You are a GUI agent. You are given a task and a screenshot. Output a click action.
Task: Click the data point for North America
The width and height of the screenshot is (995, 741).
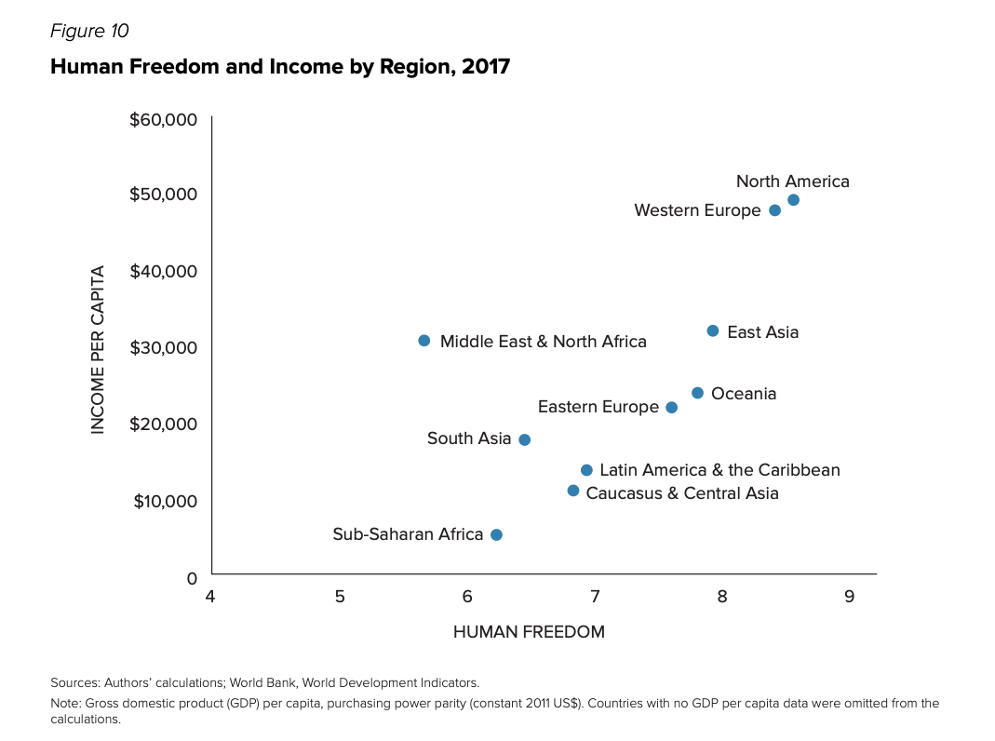793,200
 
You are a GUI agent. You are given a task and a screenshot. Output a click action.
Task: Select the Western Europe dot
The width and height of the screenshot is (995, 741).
774,210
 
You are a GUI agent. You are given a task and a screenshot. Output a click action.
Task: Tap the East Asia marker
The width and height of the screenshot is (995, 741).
713,331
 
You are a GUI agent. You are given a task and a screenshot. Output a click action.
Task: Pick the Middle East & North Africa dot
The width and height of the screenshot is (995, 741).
424,341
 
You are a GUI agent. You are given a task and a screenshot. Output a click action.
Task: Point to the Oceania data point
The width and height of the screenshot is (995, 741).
697,393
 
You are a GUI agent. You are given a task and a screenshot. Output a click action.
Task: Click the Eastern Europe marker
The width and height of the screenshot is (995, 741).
671,408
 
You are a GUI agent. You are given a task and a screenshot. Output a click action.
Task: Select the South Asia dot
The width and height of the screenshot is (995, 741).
524,439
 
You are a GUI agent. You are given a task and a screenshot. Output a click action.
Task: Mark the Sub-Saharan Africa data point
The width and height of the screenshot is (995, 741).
496,534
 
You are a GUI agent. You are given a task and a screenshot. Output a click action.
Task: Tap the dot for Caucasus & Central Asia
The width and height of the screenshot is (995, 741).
573,491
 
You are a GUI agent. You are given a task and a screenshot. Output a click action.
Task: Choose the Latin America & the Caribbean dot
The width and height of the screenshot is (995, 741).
586,470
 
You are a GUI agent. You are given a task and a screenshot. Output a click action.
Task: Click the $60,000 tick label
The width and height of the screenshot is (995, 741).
165,119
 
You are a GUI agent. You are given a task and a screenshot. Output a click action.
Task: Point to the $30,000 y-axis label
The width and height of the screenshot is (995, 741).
165,347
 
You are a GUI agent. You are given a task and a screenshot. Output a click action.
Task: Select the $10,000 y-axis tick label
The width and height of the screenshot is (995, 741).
165,501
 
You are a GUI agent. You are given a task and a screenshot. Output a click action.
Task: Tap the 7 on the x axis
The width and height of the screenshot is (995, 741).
595,596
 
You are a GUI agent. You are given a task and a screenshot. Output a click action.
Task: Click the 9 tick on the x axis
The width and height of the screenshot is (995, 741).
850,596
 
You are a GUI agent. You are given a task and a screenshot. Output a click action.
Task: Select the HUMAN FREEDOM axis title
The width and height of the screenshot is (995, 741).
529,632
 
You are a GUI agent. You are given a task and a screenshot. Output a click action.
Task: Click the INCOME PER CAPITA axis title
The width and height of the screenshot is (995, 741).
97,349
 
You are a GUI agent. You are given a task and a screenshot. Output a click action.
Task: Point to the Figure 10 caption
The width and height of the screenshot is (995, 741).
89,31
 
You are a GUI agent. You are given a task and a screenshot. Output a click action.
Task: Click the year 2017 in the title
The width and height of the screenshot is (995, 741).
486,67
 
